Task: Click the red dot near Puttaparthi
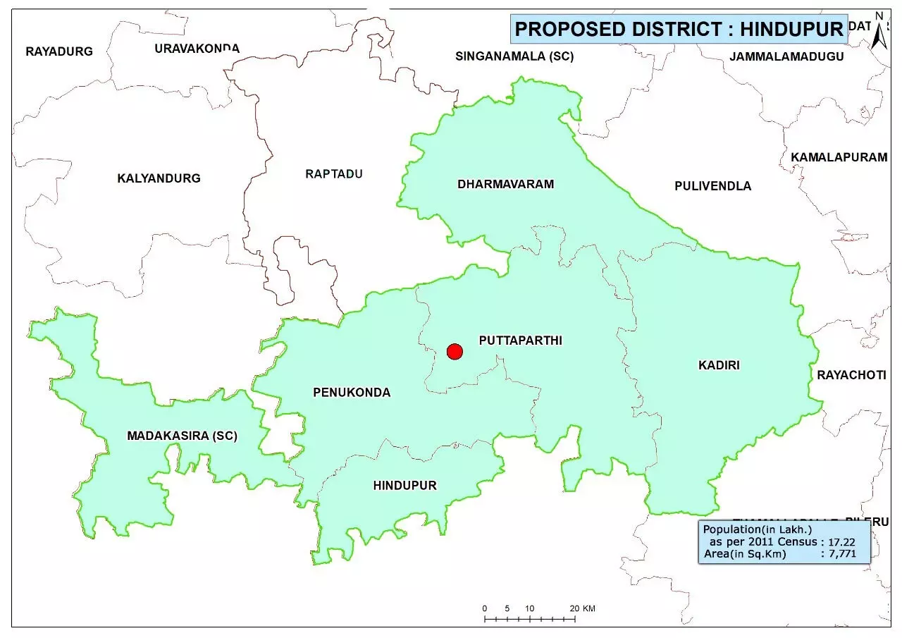pyautogui.click(x=455, y=351)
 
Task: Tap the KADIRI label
pyautogui.click(x=719, y=365)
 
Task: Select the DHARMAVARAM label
pyautogui.click(x=505, y=185)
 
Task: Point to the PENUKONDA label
pyautogui.click(x=352, y=393)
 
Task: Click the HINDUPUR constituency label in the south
pyautogui.click(x=405, y=485)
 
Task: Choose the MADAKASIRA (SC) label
pyautogui.click(x=182, y=436)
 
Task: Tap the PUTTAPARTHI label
pyautogui.click(x=520, y=341)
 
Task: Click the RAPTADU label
pyautogui.click(x=333, y=173)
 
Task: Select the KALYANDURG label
pyautogui.click(x=159, y=178)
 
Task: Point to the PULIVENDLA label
pyautogui.click(x=712, y=186)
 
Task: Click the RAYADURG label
pyautogui.click(x=59, y=51)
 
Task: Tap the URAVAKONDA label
pyautogui.click(x=197, y=49)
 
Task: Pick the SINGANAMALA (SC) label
pyautogui.click(x=514, y=56)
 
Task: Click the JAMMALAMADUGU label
pyautogui.click(x=787, y=56)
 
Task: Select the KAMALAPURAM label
pyautogui.click(x=839, y=157)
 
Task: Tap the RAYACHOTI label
pyautogui.click(x=851, y=375)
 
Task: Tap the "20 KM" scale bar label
pyautogui.click(x=583, y=608)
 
